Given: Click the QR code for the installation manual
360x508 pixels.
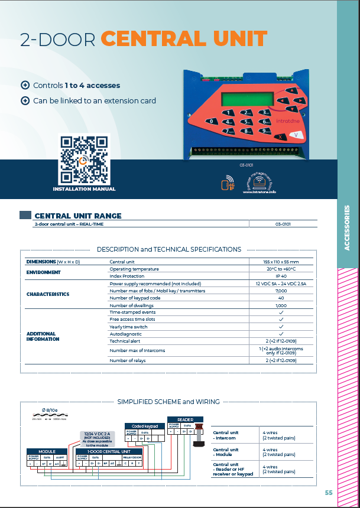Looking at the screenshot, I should pos(84,159).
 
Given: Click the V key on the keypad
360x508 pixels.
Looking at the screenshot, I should pos(299,135).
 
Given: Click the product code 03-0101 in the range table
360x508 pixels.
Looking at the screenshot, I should pos(283,224).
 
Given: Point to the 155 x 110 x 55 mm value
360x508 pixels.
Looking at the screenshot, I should pos(281,261).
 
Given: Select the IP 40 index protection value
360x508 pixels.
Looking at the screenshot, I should pos(281,276).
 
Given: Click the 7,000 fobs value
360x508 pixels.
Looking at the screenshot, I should pos(281,291).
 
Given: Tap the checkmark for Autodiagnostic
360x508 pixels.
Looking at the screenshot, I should pos(281,334).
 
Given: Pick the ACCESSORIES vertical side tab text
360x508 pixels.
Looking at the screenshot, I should pos(347,227).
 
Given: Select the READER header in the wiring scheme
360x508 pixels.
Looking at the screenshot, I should pos(185,420).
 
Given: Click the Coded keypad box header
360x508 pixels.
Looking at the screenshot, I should pos(145,425).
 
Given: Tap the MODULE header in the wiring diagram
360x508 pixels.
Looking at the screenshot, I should pos(47,451).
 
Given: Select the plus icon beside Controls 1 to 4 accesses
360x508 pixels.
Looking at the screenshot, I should pos(25,85).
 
